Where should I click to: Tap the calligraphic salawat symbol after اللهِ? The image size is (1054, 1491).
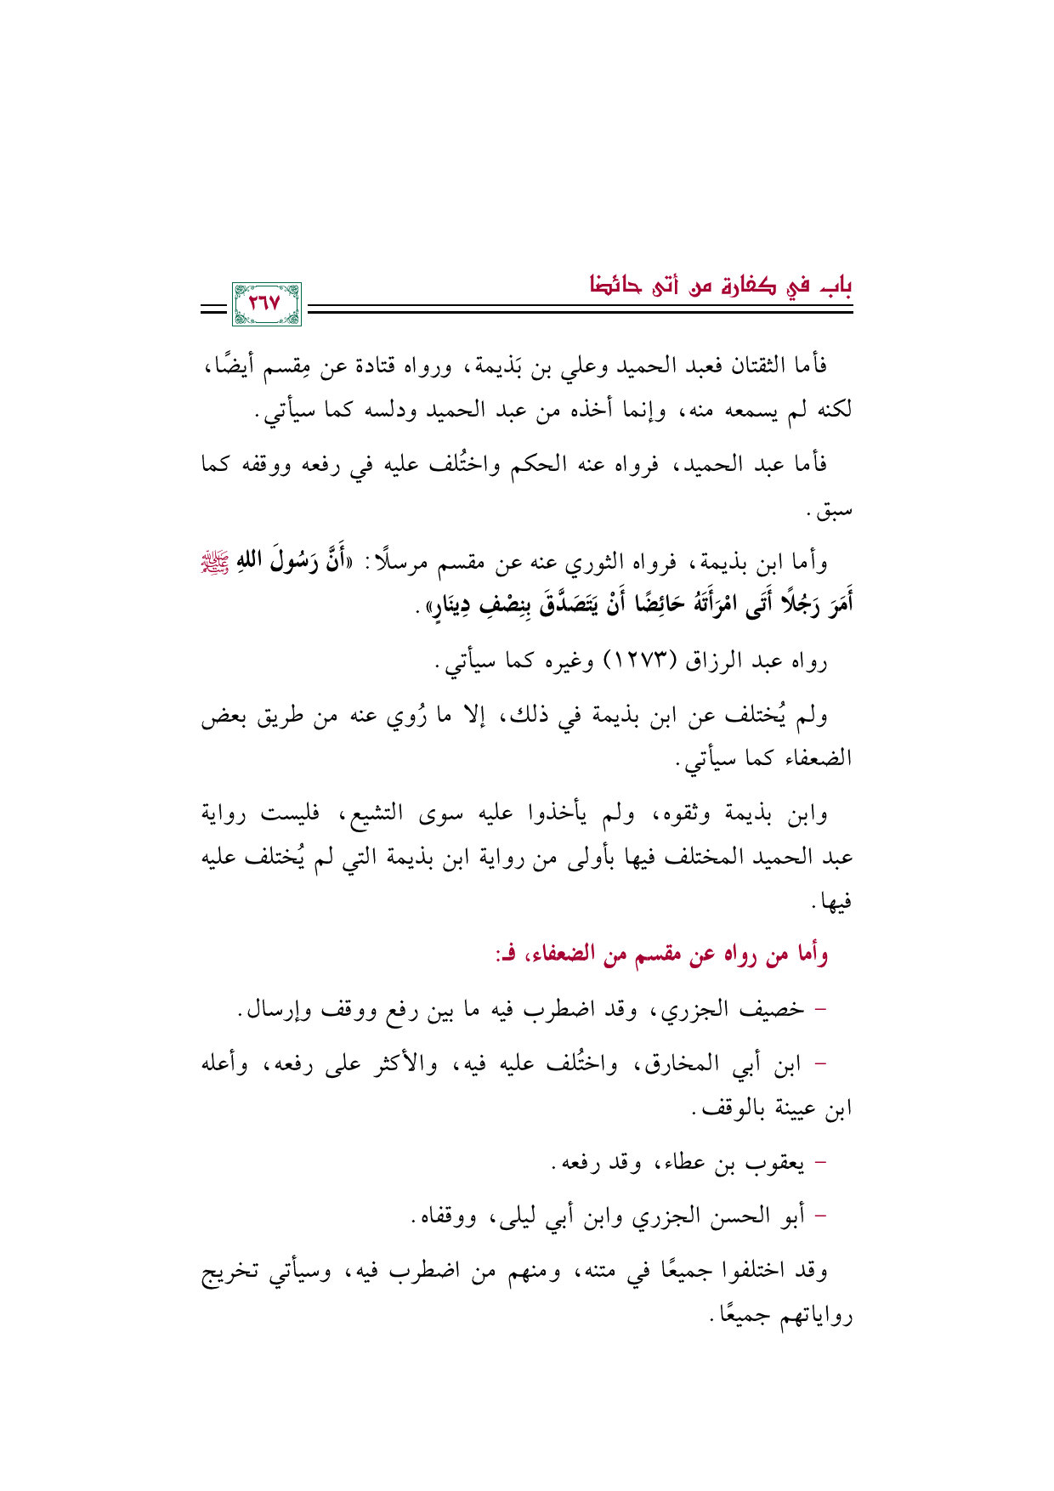pos(839,562)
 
